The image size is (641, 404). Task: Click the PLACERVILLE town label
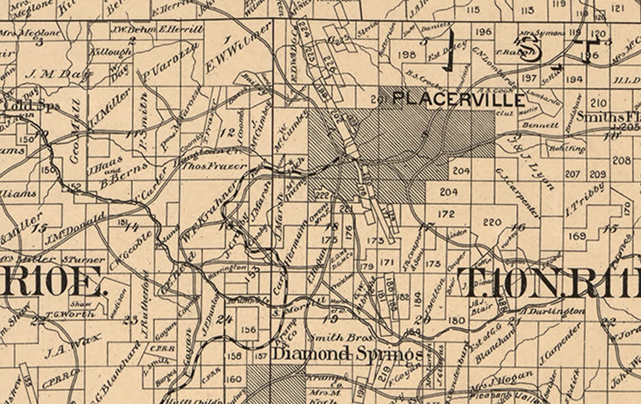click(458, 100)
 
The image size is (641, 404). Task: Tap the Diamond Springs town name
click(347, 354)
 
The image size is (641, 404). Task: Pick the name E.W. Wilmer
click(236, 48)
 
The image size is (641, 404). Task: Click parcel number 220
click(492, 222)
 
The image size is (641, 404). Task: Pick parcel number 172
click(446, 214)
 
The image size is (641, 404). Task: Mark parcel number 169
click(577, 236)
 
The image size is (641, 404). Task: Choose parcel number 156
click(249, 329)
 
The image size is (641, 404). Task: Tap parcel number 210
click(598, 103)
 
